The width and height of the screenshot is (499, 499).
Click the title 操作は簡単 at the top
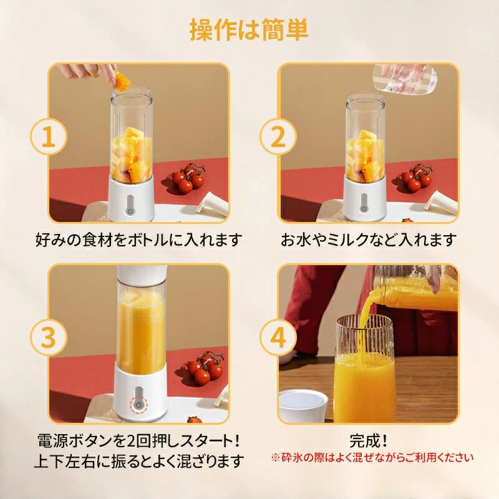pos(249,29)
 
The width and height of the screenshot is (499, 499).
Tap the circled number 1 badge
pos(49,137)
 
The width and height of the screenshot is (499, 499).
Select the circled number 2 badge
pos(278,137)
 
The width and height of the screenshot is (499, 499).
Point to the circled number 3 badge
pos(49,337)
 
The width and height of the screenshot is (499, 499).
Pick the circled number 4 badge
pos(278,337)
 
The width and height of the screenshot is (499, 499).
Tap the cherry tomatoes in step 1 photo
pos(188,178)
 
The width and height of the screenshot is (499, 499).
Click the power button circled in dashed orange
pos(138,405)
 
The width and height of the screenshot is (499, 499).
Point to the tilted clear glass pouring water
pos(405,79)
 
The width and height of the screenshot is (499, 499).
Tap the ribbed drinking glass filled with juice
pos(364,369)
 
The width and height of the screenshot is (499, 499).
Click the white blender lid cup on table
pos(303,406)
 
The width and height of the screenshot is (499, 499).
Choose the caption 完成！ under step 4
pos(369,441)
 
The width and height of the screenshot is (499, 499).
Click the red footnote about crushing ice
pos(372,458)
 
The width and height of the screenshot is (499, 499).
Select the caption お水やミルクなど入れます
pos(369,240)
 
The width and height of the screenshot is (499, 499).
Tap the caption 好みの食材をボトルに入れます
pos(138,240)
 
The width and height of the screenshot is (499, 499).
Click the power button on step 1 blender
pos(130,210)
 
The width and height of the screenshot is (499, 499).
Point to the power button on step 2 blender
pos(364,209)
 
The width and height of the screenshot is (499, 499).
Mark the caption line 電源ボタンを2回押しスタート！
pos(138,441)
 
